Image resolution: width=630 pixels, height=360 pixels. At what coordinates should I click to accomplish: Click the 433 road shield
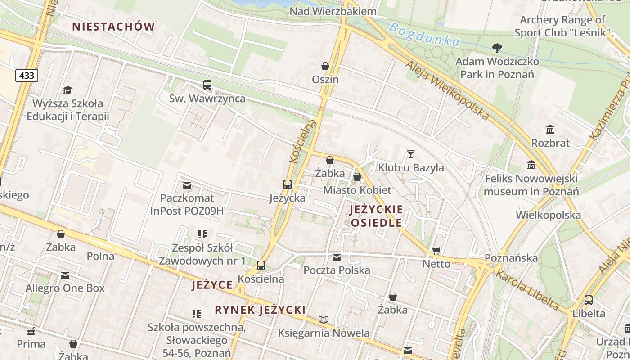click(x=27, y=76)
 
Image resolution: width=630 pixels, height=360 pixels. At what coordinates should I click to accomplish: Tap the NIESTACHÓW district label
click(x=113, y=27)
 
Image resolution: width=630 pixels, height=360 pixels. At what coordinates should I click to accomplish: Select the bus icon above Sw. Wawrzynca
click(x=207, y=85)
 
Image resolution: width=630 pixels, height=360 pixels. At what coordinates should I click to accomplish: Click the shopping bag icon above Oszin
click(x=325, y=66)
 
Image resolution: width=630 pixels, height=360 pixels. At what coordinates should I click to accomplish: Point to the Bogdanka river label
click(x=424, y=35)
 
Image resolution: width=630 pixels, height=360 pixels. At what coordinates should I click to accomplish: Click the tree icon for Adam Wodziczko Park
click(x=497, y=48)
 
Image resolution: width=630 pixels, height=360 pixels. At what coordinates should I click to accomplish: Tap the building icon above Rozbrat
click(x=550, y=130)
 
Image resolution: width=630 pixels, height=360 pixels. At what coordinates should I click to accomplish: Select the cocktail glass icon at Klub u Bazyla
click(x=410, y=154)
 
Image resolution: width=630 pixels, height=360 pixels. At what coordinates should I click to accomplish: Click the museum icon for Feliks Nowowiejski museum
click(x=531, y=165)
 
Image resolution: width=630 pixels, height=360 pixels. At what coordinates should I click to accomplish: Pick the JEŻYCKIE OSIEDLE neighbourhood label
click(x=376, y=216)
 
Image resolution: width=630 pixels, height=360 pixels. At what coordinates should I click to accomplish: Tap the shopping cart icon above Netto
click(x=436, y=251)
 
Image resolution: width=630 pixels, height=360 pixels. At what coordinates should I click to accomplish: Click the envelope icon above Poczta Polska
click(x=337, y=257)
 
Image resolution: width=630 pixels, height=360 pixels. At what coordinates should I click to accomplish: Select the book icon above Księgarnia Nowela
click(x=324, y=319)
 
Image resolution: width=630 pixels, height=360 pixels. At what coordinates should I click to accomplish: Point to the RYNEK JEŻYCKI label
click(x=260, y=310)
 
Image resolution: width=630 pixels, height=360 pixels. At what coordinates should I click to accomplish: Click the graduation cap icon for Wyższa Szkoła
click(x=67, y=90)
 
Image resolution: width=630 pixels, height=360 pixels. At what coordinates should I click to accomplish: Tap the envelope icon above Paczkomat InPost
click(x=187, y=185)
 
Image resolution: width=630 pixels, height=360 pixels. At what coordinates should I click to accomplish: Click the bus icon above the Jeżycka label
click(x=288, y=184)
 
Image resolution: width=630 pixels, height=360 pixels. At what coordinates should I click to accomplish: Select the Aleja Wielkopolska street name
click(x=447, y=90)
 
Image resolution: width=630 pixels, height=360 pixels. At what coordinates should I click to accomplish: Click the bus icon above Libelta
click(x=589, y=300)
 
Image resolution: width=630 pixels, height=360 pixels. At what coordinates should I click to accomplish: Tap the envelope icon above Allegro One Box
click(x=65, y=275)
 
